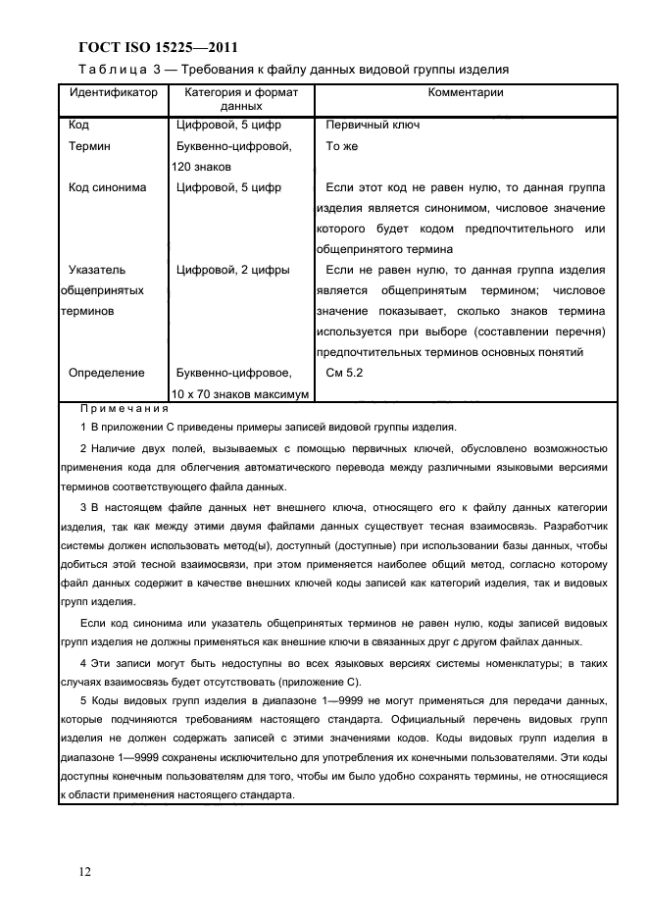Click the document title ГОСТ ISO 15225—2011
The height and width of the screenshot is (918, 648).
pyautogui.click(x=158, y=47)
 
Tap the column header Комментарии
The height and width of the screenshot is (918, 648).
pyautogui.click(x=466, y=93)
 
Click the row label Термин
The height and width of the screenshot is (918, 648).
pyautogui.click(x=90, y=146)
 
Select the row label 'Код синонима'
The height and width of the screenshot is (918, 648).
pyautogui.click(x=108, y=187)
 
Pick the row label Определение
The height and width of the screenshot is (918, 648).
pyautogui.click(x=106, y=373)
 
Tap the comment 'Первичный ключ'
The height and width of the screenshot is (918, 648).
pyautogui.click(x=372, y=126)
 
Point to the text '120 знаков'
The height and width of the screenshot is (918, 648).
pyautogui.click(x=204, y=167)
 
